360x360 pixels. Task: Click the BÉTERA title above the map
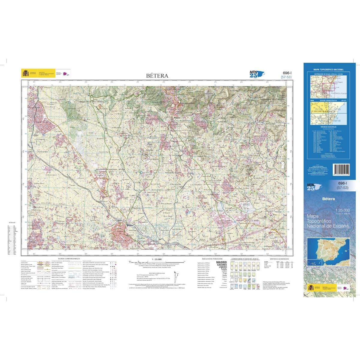click(157, 76)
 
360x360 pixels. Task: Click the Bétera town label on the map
click(130, 225)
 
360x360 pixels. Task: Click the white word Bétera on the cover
click(328, 199)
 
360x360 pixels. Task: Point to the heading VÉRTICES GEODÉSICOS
click(279, 258)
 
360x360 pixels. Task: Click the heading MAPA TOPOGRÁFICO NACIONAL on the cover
click(328, 70)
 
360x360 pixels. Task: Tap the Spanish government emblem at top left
click(25, 73)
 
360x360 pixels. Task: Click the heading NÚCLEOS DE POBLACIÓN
click(212, 258)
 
